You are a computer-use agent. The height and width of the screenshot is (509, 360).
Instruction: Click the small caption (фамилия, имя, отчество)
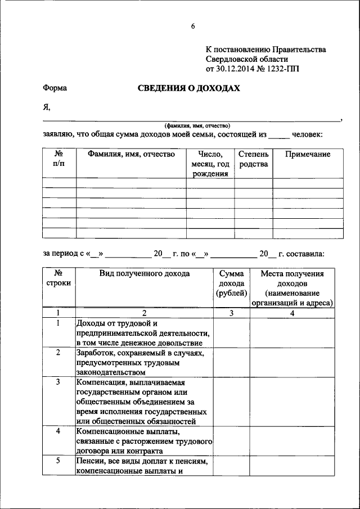[x=194, y=125]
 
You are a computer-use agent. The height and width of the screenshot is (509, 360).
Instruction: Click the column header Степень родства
[x=253, y=159]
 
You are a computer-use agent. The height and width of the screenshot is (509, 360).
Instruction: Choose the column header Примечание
[x=308, y=154]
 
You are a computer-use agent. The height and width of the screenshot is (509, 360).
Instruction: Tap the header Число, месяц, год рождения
[x=210, y=164]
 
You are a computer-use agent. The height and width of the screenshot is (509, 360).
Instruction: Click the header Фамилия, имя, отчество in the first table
[x=131, y=154]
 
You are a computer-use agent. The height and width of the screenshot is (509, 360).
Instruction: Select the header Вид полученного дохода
[x=144, y=274]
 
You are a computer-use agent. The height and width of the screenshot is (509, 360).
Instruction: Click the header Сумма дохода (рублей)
[x=231, y=283]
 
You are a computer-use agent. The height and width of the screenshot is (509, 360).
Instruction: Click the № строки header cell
[x=58, y=278]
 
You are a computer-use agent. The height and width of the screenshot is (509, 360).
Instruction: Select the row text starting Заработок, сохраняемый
[x=143, y=362]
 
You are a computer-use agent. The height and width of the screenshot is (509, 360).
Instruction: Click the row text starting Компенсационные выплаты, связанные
[x=143, y=440]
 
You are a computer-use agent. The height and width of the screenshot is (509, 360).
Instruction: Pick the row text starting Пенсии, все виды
[x=143, y=466]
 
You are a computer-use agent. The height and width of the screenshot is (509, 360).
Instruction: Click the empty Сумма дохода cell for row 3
[x=231, y=401]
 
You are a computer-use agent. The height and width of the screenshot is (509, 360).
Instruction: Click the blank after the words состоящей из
[x=280, y=135]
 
